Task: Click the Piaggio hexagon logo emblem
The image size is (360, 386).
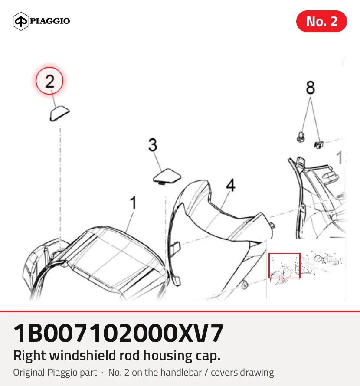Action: pyautogui.click(x=21, y=21)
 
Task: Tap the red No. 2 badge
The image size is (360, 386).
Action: pyautogui.click(x=321, y=21)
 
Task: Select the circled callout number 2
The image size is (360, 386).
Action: pyautogui.click(x=49, y=81)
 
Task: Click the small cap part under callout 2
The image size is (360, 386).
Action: pyautogui.click(x=60, y=114)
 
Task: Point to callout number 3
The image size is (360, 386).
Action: pyautogui.click(x=153, y=145)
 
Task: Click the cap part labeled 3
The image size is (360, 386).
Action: pyautogui.click(x=167, y=176)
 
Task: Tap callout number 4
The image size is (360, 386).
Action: pyautogui.click(x=230, y=185)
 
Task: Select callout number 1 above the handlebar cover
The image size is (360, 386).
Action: pyautogui.click(x=133, y=203)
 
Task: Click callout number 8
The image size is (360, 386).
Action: pyautogui.click(x=310, y=87)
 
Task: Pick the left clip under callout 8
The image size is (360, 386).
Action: pyautogui.click(x=301, y=137)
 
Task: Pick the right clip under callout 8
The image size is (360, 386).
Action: pyautogui.click(x=319, y=145)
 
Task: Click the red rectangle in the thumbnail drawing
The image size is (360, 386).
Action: pyautogui.click(x=285, y=265)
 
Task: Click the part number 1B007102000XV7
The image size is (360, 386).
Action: pyautogui.click(x=118, y=334)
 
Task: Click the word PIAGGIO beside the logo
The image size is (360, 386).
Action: pyautogui.click(x=50, y=21)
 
